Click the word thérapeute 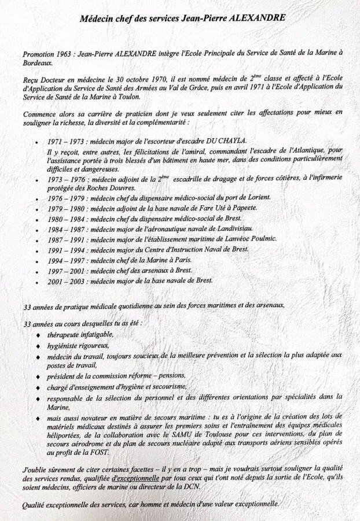click(x=64, y=335)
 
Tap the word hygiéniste click(x=64, y=346)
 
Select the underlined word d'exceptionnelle click(x=137, y=479)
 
